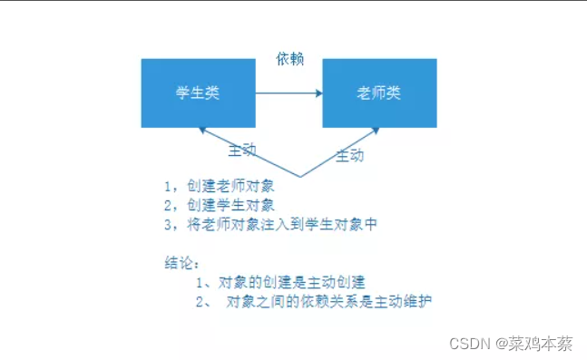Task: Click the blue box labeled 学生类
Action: (198, 93)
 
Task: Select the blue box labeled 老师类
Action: (379, 93)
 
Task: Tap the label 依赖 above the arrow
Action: (289, 59)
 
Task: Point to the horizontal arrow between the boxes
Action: (289, 93)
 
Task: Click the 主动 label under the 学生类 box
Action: (242, 148)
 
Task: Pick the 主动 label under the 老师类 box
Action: (350, 155)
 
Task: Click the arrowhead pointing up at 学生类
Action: (203, 131)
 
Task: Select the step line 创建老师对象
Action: (223, 186)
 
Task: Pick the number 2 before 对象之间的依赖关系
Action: (200, 301)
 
